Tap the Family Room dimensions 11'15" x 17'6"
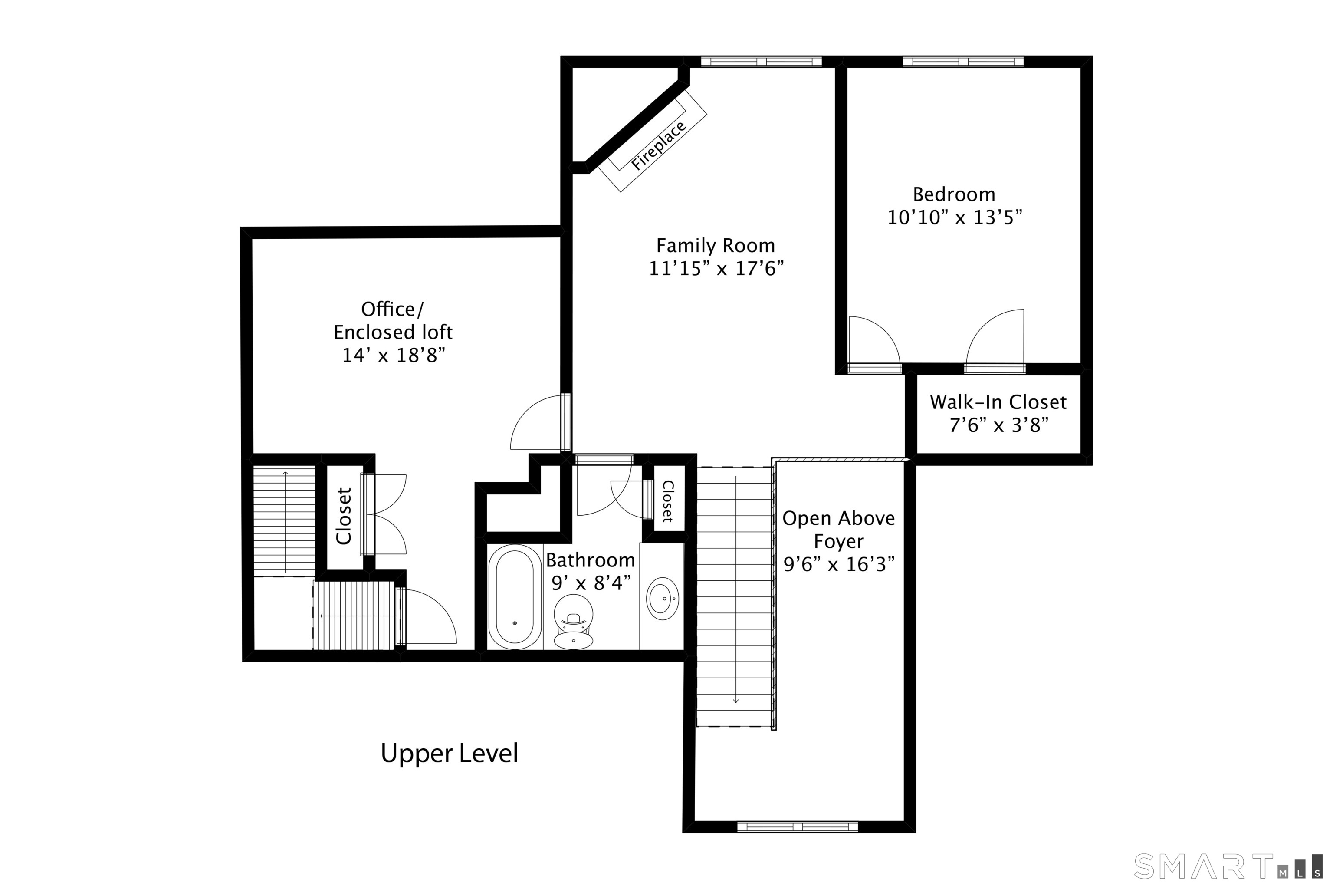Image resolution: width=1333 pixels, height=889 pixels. click(716, 269)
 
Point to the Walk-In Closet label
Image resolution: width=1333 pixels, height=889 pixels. click(998, 402)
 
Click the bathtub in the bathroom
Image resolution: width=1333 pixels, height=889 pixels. click(515, 597)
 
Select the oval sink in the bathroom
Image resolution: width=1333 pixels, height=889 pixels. click(663, 599)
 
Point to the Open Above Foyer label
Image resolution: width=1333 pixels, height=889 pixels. click(839, 530)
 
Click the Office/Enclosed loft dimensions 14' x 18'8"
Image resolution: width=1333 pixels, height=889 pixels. click(393, 356)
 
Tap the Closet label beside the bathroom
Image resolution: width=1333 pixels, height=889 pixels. click(668, 501)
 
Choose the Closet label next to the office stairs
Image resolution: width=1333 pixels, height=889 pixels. click(344, 516)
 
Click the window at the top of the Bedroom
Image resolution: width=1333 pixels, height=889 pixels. click(963, 62)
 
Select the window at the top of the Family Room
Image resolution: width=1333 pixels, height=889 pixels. click(761, 62)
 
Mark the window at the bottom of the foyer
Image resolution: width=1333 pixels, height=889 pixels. click(798, 827)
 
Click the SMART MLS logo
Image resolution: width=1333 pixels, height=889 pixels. click(1228, 866)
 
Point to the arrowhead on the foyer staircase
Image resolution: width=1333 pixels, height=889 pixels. click(735, 701)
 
